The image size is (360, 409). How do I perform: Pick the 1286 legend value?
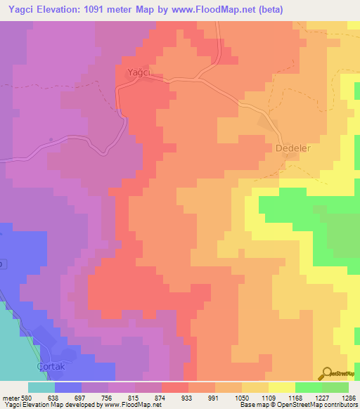click(x=349, y=396)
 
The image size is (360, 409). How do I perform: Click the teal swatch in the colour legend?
click(x=41, y=387)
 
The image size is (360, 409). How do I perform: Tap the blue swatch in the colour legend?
click(x=68, y=387)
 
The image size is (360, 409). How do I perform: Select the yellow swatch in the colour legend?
click(x=281, y=387)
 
